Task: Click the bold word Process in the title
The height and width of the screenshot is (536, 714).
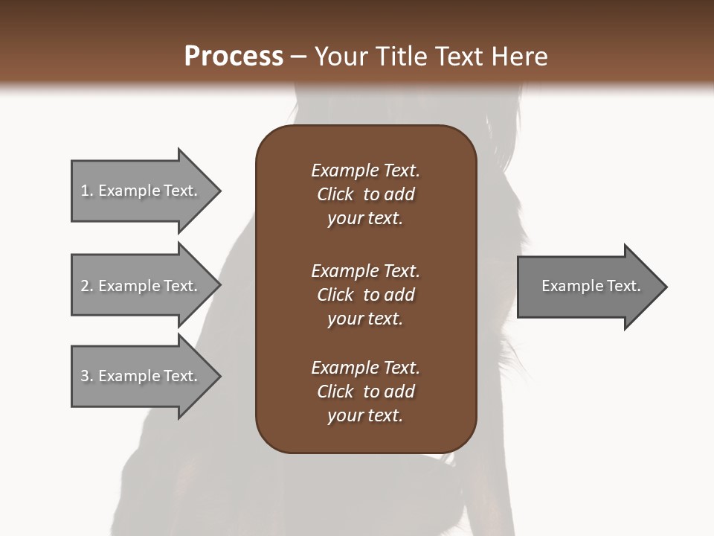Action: [234, 57]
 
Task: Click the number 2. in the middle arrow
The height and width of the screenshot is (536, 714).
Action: [87, 286]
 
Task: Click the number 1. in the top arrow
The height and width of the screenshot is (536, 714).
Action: [87, 191]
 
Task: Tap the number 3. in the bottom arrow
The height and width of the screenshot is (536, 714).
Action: [87, 376]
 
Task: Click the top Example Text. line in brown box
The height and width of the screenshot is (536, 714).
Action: [365, 170]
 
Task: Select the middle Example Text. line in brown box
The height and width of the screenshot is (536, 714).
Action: [365, 271]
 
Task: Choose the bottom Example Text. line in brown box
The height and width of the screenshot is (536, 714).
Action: [365, 368]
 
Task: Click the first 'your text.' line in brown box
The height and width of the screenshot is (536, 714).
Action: [365, 219]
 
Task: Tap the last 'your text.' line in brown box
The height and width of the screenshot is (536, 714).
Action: [365, 416]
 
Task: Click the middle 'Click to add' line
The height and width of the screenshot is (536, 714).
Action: [365, 295]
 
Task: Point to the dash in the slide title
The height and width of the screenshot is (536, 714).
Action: [298, 57]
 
